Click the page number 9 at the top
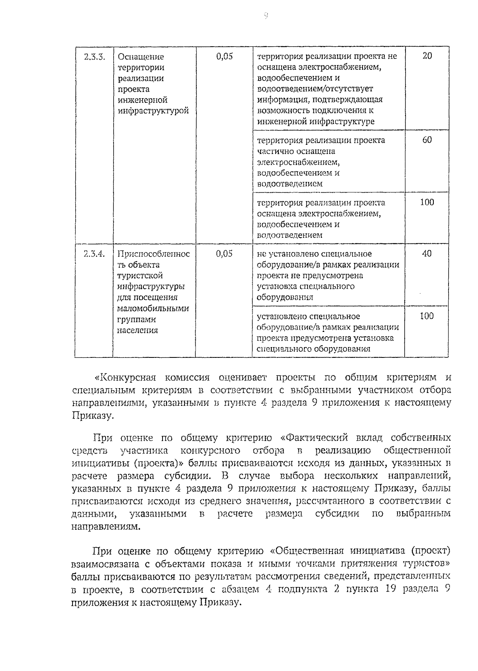click(266, 16)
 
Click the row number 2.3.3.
click(94, 56)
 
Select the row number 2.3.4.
click(94, 254)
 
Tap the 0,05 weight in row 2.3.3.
click(224, 56)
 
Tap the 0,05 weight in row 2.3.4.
click(224, 254)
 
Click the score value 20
click(427, 56)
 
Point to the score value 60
click(427, 140)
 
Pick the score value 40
click(427, 254)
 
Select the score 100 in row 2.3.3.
click(427, 202)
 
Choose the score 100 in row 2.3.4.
click(427, 316)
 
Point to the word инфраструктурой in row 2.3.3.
click(153, 111)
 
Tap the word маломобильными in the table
click(153, 308)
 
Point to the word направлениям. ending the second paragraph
click(106, 526)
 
